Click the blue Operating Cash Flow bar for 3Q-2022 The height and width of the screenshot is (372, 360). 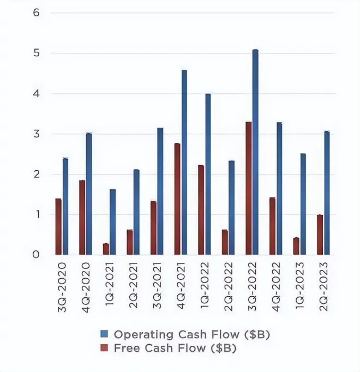[x=255, y=153]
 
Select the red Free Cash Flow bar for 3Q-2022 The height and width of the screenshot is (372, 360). [x=248, y=188]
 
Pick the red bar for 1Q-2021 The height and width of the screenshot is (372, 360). [x=106, y=249]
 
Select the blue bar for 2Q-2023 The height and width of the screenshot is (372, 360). [x=327, y=193]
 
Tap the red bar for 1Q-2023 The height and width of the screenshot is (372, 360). [x=296, y=246]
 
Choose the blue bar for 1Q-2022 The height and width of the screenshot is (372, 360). [x=208, y=175]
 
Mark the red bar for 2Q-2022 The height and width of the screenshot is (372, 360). [x=225, y=242]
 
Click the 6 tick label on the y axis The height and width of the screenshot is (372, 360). [x=37, y=13]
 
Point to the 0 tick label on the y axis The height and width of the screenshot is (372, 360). [x=37, y=255]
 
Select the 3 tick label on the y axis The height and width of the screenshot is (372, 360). [x=37, y=134]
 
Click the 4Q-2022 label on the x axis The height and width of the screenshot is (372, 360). [x=276, y=287]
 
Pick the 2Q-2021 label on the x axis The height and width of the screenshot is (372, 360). [x=133, y=287]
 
